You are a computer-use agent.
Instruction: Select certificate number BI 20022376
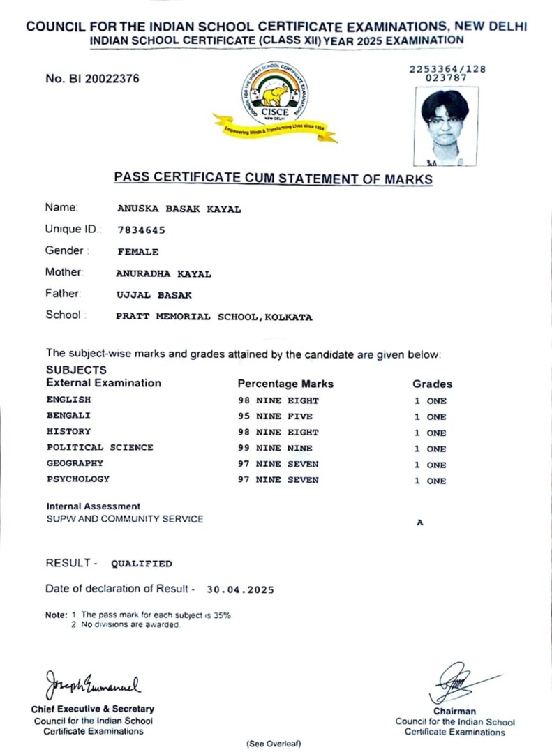[x=92, y=79]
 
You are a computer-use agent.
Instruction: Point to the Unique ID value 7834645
[x=142, y=230]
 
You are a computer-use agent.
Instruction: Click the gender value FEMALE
[x=138, y=252]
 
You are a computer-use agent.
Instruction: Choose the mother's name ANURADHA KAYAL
[x=163, y=274]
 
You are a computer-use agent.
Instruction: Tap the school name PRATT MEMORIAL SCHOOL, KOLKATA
[x=214, y=317]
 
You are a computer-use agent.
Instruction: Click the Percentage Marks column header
[x=285, y=384]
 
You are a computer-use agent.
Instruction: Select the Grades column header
[x=432, y=384]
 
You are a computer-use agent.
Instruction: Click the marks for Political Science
[x=275, y=448]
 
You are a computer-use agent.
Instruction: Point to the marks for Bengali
[x=275, y=416]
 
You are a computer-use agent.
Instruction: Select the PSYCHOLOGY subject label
[x=78, y=479]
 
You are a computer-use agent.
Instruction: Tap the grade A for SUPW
[x=419, y=521]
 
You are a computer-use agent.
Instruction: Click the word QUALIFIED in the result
[x=142, y=564]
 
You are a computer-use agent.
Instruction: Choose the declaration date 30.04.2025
[x=241, y=589]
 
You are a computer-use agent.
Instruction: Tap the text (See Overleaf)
[x=273, y=744]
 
